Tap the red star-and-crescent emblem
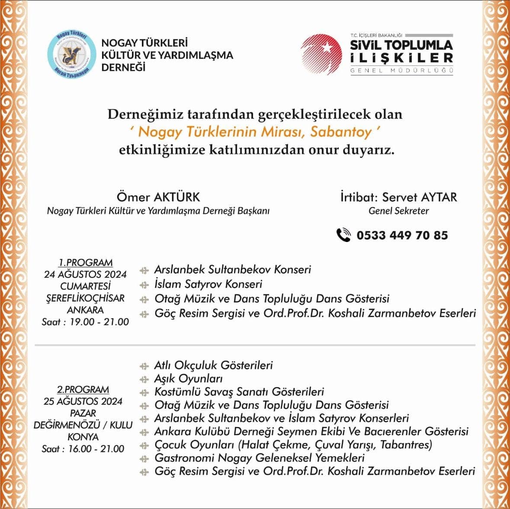coord(321,54)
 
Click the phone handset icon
coord(343,235)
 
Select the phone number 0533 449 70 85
coord(402,235)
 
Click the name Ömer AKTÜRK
coord(158,197)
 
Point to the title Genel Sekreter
coord(398,211)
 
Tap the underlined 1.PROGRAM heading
coord(86,262)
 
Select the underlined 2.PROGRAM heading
coord(83,389)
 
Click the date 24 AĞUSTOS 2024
coord(85,274)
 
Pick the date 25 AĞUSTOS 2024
coord(83,401)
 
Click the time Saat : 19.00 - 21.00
coord(85,322)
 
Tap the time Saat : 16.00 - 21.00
coord(83,449)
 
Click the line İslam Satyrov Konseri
coord(208,284)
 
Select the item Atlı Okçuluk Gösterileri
coord(213,365)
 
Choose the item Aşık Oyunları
coord(188,379)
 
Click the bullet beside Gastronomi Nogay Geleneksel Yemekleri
coord(144,458)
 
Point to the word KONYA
coord(83,437)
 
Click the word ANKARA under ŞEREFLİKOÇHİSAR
coord(85,310)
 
